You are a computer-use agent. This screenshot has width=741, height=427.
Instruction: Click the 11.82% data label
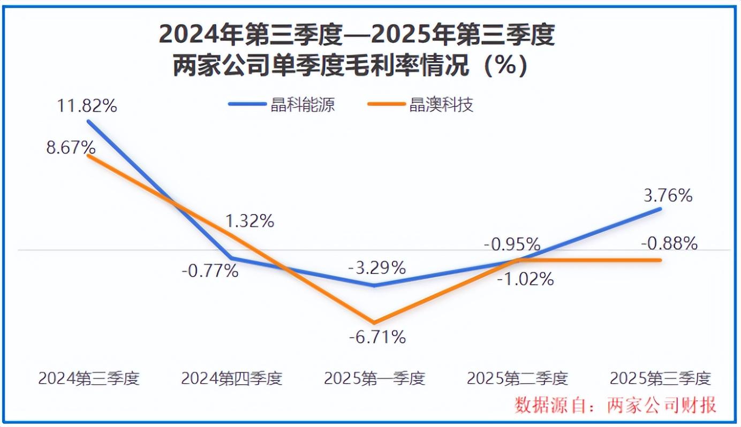[87, 105]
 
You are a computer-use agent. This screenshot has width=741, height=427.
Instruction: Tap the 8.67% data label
[71, 147]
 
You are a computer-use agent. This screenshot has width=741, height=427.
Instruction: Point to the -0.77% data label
[210, 271]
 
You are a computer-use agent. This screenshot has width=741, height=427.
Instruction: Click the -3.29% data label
[377, 268]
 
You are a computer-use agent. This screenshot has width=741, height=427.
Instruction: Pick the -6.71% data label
[377, 337]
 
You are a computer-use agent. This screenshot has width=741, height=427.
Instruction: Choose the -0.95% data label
[512, 245]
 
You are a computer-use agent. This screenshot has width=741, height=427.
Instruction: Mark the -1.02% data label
[525, 279]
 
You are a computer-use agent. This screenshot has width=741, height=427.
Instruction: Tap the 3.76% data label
[668, 196]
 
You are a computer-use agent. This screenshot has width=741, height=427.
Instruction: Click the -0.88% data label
[669, 244]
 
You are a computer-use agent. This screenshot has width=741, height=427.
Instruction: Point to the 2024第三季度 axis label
[89, 378]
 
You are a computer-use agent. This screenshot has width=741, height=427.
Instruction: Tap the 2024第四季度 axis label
[231, 378]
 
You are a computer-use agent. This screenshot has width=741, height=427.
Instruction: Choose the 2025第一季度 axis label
[374, 378]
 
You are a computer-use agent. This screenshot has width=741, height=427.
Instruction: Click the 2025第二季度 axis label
[517, 378]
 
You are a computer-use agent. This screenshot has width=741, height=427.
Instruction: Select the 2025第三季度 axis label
[660, 378]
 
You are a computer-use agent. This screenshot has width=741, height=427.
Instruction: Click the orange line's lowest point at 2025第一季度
[374, 323]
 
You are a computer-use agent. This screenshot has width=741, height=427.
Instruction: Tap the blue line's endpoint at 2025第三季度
[661, 209]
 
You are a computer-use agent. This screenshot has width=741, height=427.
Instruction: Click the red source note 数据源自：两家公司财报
[615, 405]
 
